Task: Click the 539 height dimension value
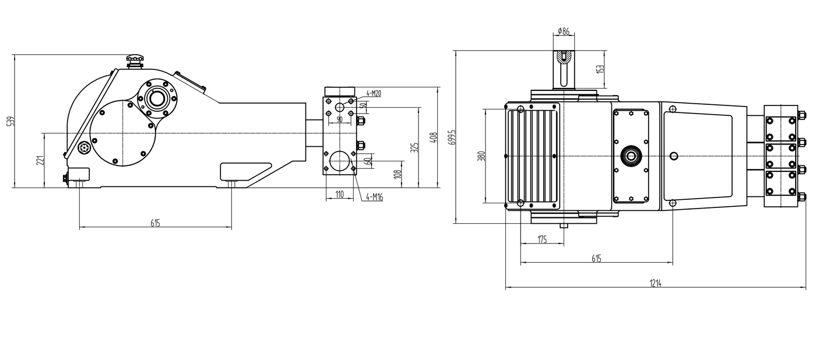(9, 122)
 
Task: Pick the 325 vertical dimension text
(414, 147)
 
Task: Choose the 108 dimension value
(398, 174)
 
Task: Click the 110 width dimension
(339, 194)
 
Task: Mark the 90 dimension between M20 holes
(340, 121)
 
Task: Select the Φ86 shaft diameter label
(563, 31)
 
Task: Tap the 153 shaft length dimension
(600, 68)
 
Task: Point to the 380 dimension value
(481, 156)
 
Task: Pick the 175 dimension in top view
(541, 239)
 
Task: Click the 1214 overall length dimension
(656, 284)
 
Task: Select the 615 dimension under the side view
(155, 223)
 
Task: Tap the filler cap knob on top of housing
(135, 60)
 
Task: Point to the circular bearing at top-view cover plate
(630, 156)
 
